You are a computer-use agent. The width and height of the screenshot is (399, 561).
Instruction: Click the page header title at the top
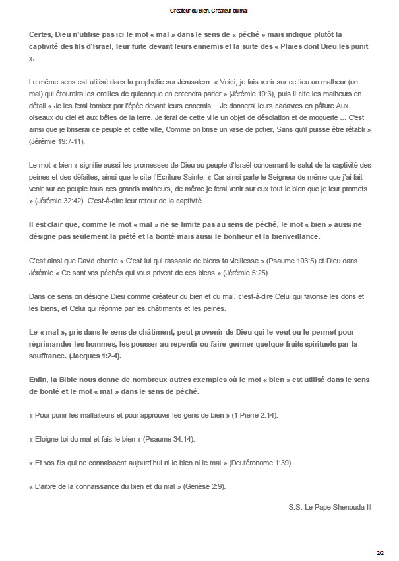(199, 11)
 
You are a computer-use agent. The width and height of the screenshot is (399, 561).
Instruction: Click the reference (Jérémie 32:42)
(56, 200)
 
